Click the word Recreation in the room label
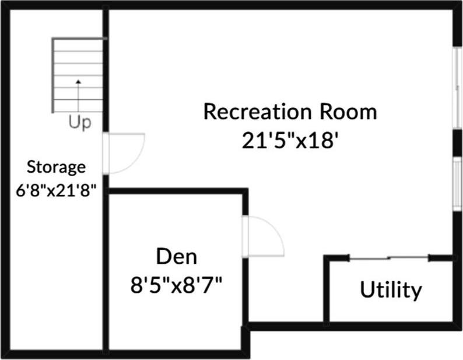pyautogui.click(x=257, y=111)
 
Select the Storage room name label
pyautogui.click(x=56, y=167)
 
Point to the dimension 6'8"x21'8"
pyautogui.click(x=56, y=190)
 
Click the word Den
pyautogui.click(x=177, y=257)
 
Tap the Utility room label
pyautogui.click(x=390, y=289)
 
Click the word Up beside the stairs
pyautogui.click(x=79, y=123)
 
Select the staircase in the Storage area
pyautogui.click(x=78, y=76)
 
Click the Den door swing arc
pyautogui.click(x=265, y=236)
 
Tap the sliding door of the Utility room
pyautogui.click(x=389, y=258)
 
